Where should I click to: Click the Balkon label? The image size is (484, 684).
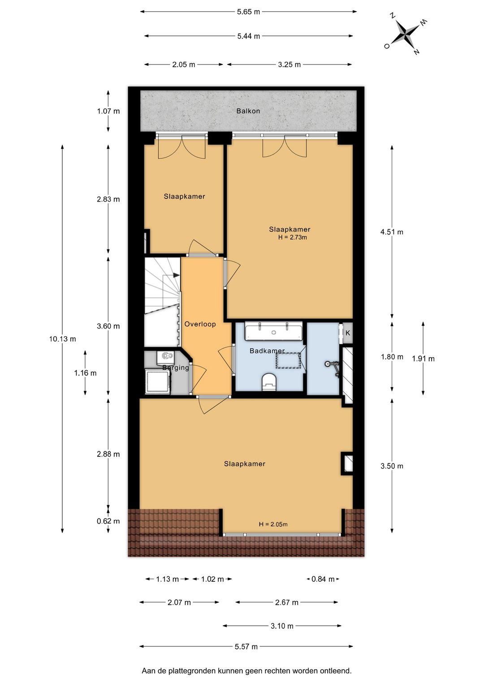(248, 111)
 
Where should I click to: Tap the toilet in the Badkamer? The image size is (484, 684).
(269, 381)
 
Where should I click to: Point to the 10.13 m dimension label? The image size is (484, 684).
(63, 339)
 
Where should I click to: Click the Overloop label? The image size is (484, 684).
(200, 324)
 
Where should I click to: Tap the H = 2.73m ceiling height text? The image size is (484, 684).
(292, 237)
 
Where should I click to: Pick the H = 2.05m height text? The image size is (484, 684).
(273, 524)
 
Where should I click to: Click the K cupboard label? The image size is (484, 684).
(347, 333)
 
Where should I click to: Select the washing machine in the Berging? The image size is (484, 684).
(158, 381)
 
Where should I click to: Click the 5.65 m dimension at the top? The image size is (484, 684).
(249, 12)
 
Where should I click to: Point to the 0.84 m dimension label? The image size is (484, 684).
(323, 579)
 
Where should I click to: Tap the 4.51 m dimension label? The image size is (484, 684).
(392, 232)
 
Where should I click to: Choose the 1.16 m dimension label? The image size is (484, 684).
(85, 373)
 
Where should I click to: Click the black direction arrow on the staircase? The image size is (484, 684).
(176, 275)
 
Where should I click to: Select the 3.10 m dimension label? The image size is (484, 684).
(282, 626)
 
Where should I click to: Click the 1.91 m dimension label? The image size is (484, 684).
(423, 359)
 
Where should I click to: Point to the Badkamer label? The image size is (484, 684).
(267, 351)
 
